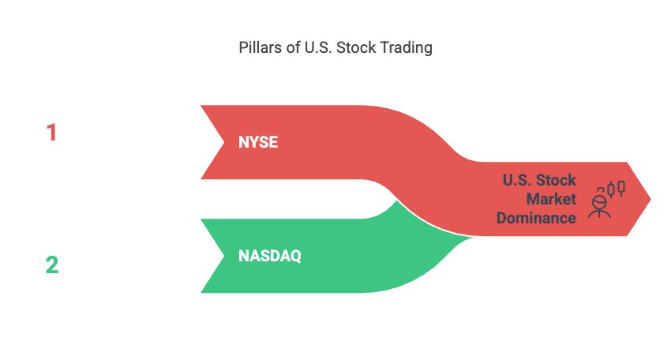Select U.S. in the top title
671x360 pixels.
pyautogui.click(x=318, y=47)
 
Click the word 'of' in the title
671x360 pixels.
pyautogui.click(x=293, y=47)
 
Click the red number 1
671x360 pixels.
pyautogui.click(x=52, y=133)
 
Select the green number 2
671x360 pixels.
pyautogui.click(x=52, y=264)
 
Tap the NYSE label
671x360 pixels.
pyautogui.click(x=258, y=142)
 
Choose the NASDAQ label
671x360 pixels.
pyautogui.click(x=270, y=256)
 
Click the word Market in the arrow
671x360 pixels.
pyautogui.click(x=551, y=199)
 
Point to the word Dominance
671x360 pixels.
pyautogui.click(x=536, y=219)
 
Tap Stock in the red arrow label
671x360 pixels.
pyautogui.click(x=557, y=180)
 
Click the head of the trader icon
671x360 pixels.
pyautogui.click(x=599, y=201)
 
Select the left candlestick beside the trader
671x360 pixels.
pyautogui.click(x=611, y=189)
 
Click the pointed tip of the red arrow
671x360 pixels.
pyautogui.click(x=650, y=199)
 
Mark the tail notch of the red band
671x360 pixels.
pyautogui.click(x=224, y=142)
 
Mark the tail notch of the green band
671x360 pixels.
pyautogui.click(x=224, y=256)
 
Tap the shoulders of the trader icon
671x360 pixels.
pyautogui.click(x=599, y=212)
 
